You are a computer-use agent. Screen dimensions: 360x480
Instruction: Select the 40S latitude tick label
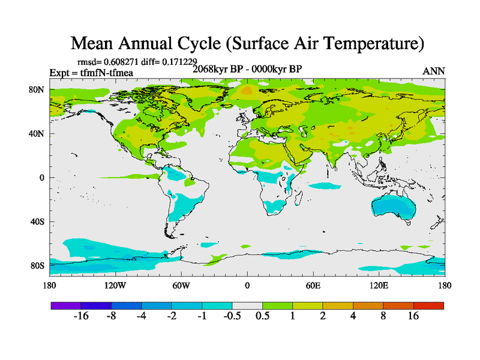pos(37,221)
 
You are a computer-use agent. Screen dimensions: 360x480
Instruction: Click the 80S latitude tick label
pos(37,265)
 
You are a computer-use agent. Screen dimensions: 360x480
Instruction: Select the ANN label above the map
pos(434,71)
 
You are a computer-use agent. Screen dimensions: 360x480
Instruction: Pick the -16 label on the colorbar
pos(80,316)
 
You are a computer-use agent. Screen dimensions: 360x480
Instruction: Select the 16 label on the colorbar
pos(413,316)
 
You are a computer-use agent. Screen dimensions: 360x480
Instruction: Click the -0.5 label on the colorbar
pos(232,316)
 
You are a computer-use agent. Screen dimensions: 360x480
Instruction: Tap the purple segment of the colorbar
pos(66,305)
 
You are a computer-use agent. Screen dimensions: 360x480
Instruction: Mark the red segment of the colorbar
pos(428,305)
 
